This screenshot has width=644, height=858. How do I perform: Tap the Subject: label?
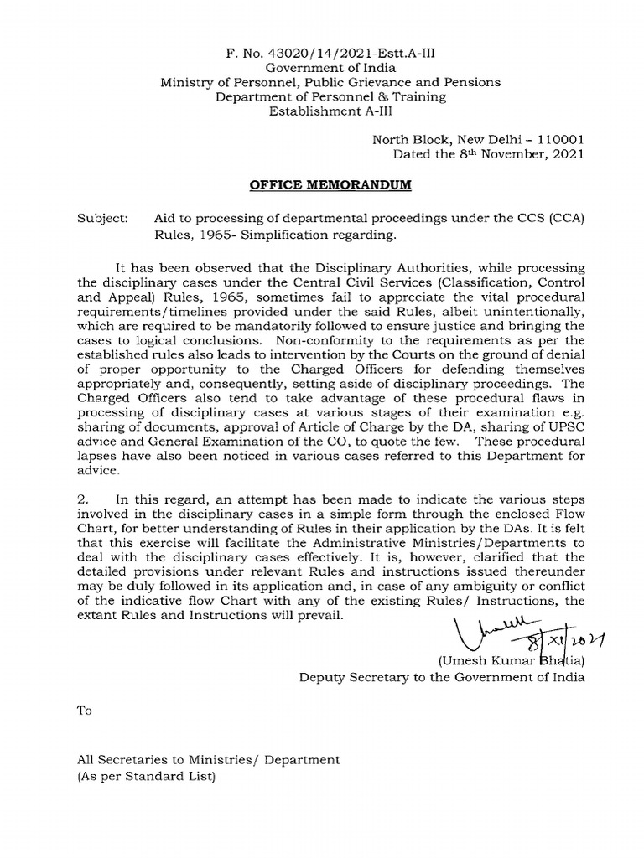(103, 217)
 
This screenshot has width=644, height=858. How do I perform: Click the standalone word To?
(84, 711)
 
